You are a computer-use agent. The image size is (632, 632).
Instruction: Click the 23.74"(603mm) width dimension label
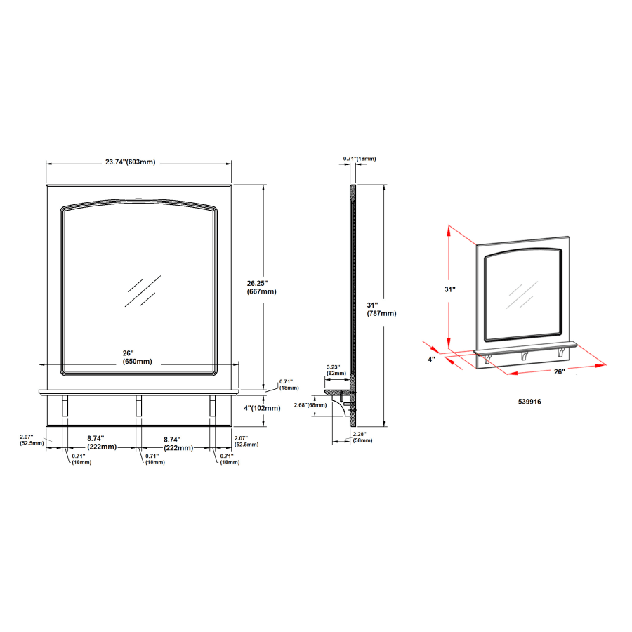130,162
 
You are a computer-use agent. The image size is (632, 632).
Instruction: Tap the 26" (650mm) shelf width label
137,357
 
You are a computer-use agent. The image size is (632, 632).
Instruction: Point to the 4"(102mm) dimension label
261,408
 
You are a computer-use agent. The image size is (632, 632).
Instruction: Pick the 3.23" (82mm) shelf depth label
333,370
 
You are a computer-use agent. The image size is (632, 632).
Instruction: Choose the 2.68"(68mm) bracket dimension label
310,404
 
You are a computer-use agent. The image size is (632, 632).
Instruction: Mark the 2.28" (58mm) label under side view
362,437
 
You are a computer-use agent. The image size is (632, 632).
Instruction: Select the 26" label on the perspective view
559,371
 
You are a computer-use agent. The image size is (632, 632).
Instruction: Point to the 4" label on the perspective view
432,359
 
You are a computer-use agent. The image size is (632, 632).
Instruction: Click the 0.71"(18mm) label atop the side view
360,159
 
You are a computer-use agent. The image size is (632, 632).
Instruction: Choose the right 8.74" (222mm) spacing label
178,443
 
